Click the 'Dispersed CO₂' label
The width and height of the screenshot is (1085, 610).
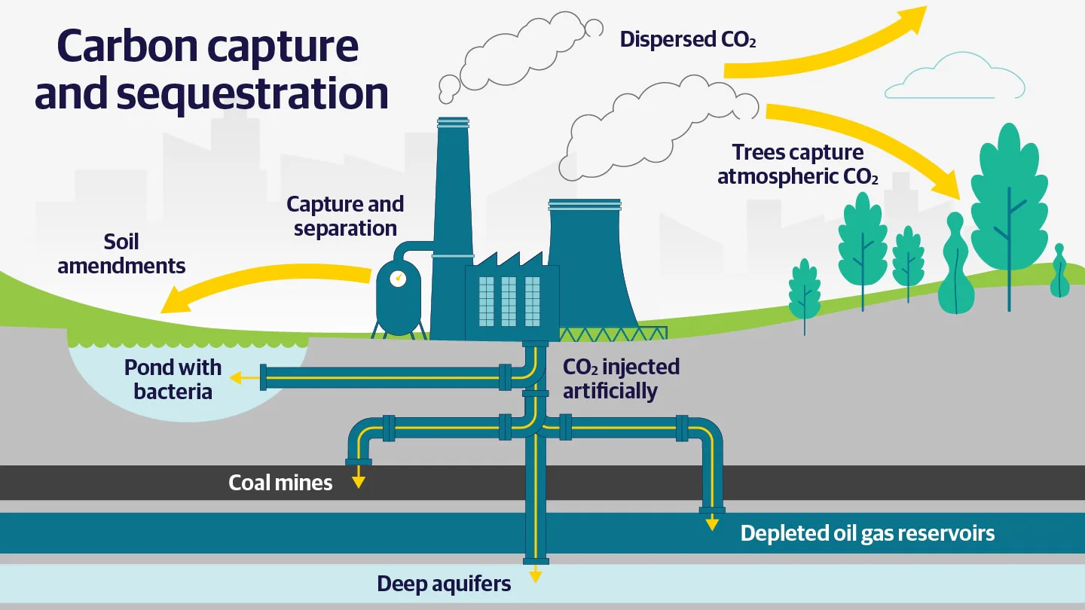pos(688,40)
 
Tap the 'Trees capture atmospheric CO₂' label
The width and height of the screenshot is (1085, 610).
pos(797,164)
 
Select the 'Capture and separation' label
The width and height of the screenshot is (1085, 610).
pos(345,216)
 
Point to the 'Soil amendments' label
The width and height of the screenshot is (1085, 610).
pos(121,254)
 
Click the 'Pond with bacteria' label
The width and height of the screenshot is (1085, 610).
pos(173,380)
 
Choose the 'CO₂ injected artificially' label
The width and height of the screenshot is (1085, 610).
pos(621,379)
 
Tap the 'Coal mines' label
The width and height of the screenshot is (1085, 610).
pos(280,483)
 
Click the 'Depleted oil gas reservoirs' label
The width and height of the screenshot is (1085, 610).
pos(867,533)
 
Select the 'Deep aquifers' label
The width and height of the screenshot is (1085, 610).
pos(444,584)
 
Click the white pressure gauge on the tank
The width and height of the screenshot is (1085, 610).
pos(398,279)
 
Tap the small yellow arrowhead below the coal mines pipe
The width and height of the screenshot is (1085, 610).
pos(359,482)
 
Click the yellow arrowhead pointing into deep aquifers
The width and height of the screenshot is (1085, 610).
pos(535,576)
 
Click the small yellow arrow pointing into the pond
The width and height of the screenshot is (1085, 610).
pos(245,378)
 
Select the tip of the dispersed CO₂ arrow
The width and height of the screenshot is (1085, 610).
pos(926,7)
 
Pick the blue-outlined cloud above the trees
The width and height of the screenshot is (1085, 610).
pos(955,78)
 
